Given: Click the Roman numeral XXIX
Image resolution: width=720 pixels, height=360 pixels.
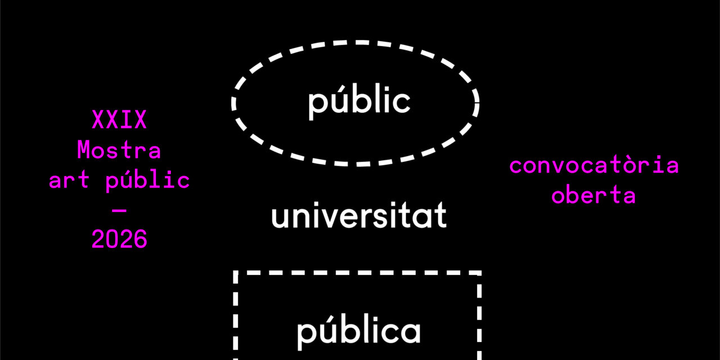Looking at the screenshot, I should [119, 120].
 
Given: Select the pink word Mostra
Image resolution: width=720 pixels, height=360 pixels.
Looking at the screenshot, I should [119, 151].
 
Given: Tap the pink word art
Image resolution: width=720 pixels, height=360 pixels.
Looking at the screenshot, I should [70, 181].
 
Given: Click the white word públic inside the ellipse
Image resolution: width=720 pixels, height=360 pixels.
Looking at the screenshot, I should [359, 102].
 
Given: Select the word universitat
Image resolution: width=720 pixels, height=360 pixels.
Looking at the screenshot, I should [359, 217].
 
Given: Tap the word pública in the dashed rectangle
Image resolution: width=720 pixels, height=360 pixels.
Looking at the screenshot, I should [359, 331].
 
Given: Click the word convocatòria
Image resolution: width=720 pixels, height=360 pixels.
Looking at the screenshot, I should [594, 166].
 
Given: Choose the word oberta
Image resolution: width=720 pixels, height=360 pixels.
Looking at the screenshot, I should [593, 196].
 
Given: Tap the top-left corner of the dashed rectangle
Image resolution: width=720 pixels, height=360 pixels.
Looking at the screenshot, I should [236, 273].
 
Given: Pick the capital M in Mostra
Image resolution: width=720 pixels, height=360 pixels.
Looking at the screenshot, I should [84, 151].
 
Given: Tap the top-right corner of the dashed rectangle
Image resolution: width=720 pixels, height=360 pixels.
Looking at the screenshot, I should [479, 273].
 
